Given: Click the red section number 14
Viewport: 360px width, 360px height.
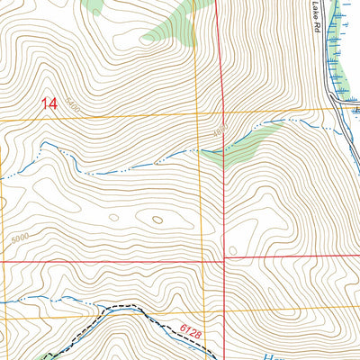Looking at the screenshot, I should tap(49, 104).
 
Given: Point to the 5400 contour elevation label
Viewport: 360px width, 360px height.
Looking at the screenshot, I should tap(72, 108).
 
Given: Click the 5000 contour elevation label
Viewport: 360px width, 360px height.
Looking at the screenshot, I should tap(20, 238).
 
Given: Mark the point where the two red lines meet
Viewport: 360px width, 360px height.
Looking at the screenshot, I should tap(222, 258).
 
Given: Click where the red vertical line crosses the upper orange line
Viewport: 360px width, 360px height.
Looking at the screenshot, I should tap(220, 113).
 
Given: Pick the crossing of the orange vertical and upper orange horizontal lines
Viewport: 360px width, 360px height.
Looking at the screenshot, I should tap(195, 115).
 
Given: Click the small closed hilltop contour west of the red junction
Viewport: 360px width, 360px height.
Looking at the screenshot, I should tap(157, 219).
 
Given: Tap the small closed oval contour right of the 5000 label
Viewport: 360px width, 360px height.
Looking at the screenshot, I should tap(113, 216).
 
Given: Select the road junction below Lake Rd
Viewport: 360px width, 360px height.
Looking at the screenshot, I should tap(335, 101).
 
